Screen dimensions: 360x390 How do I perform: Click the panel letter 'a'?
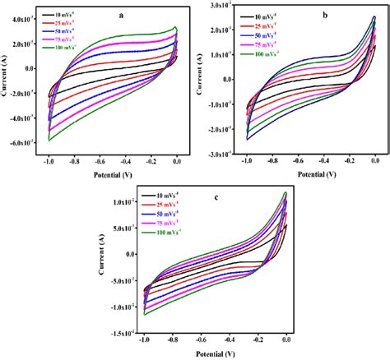point(122,14)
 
